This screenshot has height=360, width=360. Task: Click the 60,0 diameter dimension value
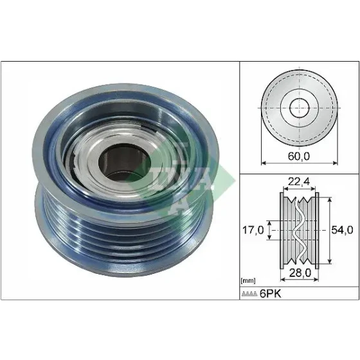pyautogui.click(x=299, y=156)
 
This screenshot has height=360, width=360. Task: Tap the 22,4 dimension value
pyautogui.click(x=299, y=181)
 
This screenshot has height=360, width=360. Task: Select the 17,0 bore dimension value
pyautogui.click(x=253, y=230)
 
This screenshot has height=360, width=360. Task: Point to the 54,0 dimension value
pyautogui.click(x=342, y=230)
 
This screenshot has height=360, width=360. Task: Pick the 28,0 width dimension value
pyautogui.click(x=300, y=273)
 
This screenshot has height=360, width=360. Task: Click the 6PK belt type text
pyautogui.click(x=270, y=293)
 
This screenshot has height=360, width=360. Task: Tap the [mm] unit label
pyautogui.click(x=248, y=280)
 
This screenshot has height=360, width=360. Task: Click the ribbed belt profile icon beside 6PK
pyautogui.click(x=249, y=294)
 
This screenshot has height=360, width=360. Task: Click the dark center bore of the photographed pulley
pyautogui.click(x=125, y=163)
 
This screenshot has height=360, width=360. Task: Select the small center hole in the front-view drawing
pyautogui.click(x=299, y=108)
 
